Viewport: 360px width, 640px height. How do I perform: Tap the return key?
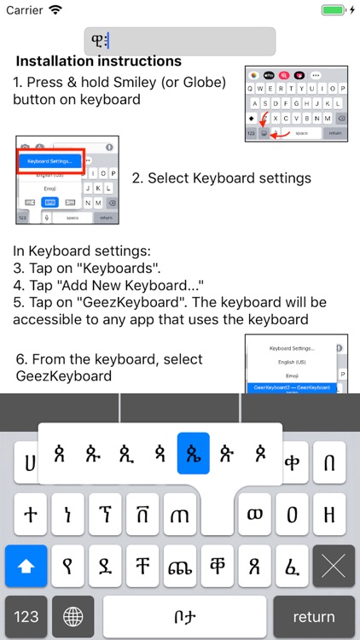(x=313, y=616)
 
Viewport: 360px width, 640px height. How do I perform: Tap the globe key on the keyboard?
(x=73, y=616)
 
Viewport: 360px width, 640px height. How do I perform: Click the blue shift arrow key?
(x=26, y=566)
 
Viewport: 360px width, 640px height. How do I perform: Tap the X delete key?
(x=334, y=566)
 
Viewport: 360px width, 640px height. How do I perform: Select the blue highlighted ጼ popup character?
(x=193, y=453)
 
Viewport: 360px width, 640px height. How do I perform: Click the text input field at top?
(x=180, y=41)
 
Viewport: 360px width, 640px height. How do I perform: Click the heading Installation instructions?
(x=99, y=61)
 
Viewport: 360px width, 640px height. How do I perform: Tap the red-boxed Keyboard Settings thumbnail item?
(x=51, y=160)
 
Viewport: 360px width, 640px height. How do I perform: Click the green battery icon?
(x=334, y=10)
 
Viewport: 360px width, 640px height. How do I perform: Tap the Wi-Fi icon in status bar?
(x=56, y=10)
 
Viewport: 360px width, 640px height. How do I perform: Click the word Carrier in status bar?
(x=24, y=10)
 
